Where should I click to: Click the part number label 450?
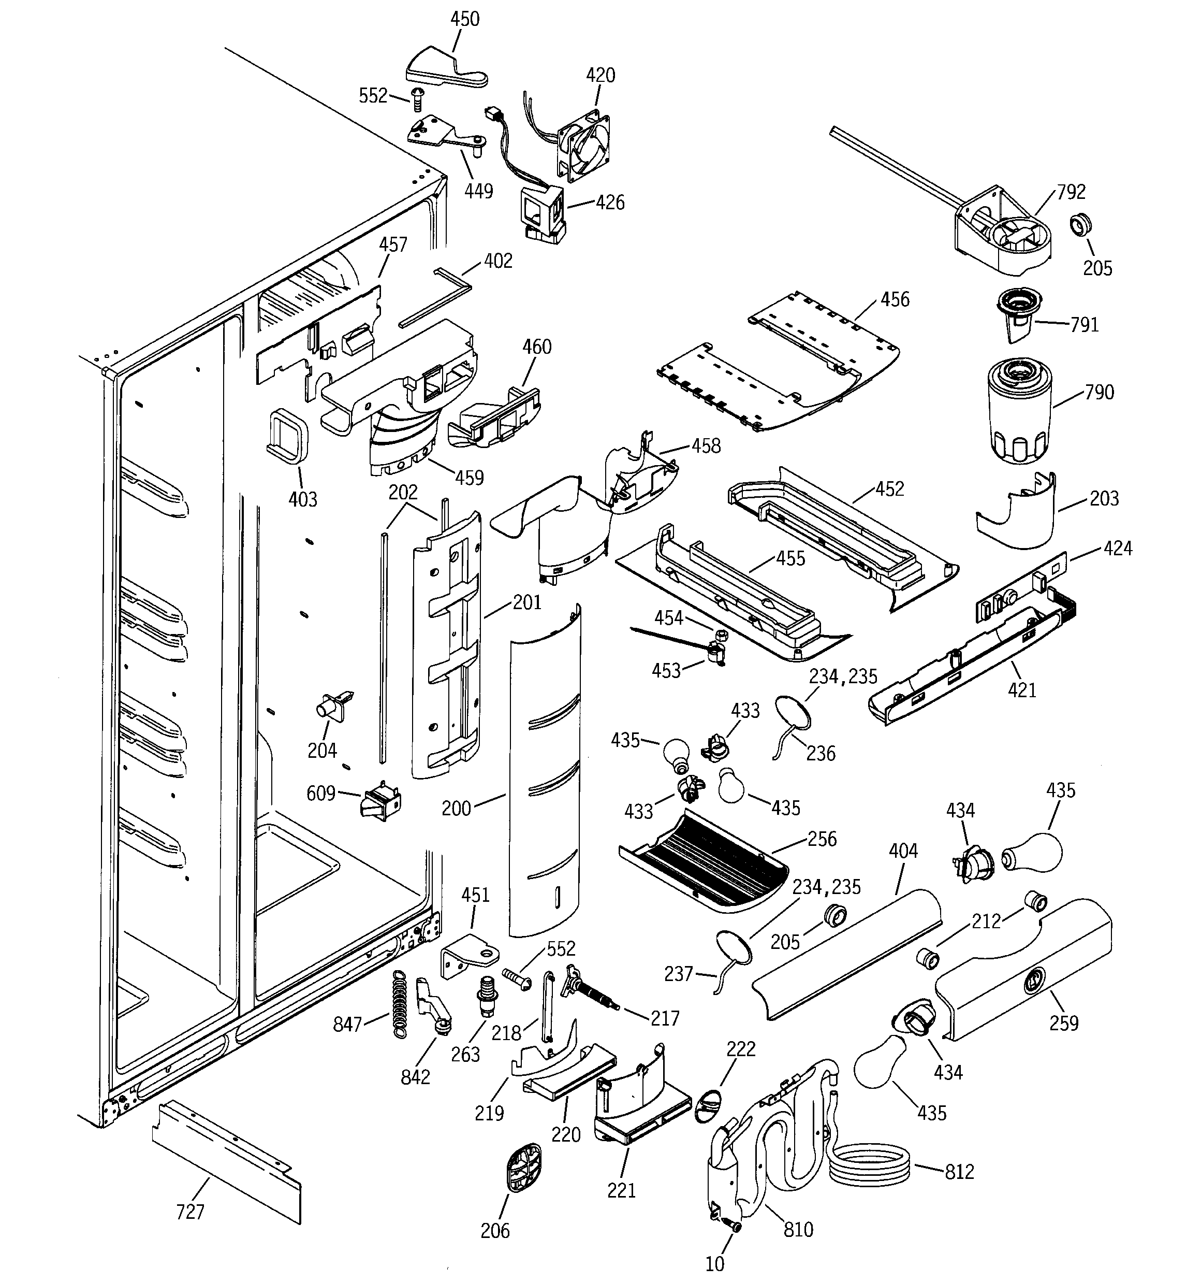coord(464,19)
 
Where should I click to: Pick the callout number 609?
coord(320,793)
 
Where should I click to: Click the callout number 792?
coord(1071,192)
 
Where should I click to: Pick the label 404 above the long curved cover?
coord(902,851)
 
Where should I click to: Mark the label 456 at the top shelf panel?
coord(895,299)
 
